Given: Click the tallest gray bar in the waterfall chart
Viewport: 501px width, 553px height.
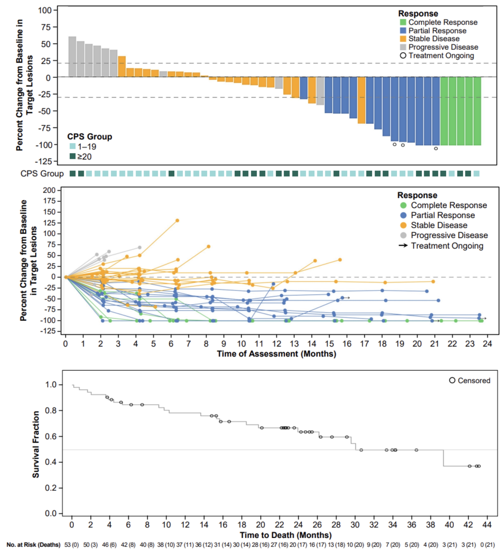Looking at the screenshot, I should [x=72, y=57].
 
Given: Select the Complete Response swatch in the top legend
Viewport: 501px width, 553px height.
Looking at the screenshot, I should [x=403, y=22].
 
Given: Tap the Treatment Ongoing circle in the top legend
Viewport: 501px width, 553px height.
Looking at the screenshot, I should [x=403, y=56].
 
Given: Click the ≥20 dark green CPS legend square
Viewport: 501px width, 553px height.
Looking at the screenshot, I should [x=72, y=156].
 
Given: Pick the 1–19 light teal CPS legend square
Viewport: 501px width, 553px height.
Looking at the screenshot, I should [x=72, y=146].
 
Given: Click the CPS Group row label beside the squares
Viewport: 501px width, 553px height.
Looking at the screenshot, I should [x=42, y=174].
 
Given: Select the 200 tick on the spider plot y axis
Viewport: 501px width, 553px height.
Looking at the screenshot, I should [x=49, y=190].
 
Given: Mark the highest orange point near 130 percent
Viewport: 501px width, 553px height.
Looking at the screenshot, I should [x=177, y=221].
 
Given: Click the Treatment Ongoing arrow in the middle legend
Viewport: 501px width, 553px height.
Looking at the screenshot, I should [x=403, y=245].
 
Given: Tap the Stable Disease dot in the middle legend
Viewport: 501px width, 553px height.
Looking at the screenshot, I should [x=403, y=226].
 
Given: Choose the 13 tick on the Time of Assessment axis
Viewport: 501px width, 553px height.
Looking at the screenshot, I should [x=294, y=344].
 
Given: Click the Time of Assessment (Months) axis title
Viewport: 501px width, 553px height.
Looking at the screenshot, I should [x=276, y=354].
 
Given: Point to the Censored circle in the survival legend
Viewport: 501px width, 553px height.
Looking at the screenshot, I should [x=452, y=381].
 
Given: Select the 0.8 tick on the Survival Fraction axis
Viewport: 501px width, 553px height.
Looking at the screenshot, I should [x=51, y=411].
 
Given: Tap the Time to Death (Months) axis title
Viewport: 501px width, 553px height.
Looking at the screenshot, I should [x=286, y=535].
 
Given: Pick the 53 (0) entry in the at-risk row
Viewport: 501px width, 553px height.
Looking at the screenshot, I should [x=71, y=545].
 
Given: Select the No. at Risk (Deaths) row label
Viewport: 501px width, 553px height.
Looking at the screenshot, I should [x=33, y=545].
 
